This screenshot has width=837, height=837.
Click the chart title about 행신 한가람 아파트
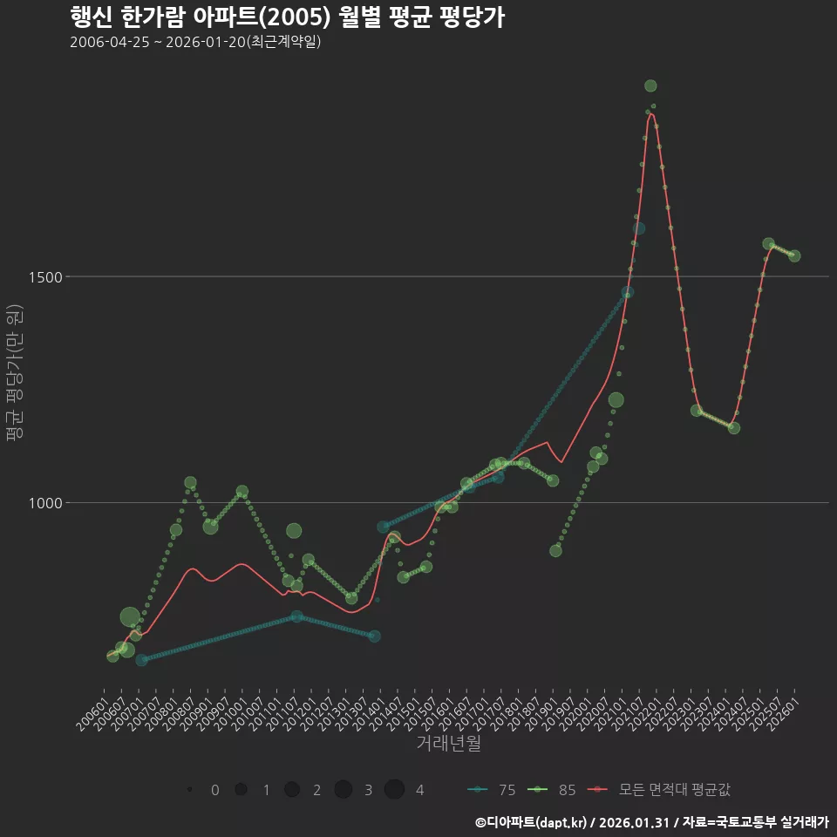pyautogui.click(x=287, y=17)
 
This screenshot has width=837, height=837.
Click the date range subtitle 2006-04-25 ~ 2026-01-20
pyautogui.click(x=195, y=42)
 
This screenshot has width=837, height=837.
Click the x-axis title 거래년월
pyautogui.click(x=449, y=743)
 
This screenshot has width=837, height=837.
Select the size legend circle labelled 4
pyautogui.click(x=394, y=790)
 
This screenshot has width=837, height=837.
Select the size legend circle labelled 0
pyautogui.click(x=189, y=790)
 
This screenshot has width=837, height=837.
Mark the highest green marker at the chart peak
pyautogui.click(x=650, y=85)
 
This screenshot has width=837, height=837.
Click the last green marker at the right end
pyautogui.click(x=794, y=255)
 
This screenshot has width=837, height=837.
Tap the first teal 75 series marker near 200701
pyautogui.click(x=141, y=660)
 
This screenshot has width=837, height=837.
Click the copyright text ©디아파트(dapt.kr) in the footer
pyautogui.click(x=532, y=822)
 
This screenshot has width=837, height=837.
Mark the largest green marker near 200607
pyautogui.click(x=129, y=617)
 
